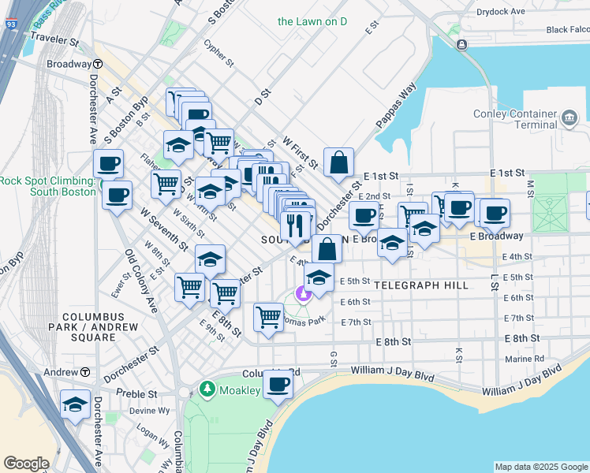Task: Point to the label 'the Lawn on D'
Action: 312,21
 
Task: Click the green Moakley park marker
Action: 207,389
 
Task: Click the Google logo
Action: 26,463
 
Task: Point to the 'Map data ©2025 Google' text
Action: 540,467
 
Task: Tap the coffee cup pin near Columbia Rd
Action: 277,385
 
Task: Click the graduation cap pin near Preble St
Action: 75,404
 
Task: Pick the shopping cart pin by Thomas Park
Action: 268,318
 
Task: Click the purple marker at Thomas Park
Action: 302,294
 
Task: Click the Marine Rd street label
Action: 528,357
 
